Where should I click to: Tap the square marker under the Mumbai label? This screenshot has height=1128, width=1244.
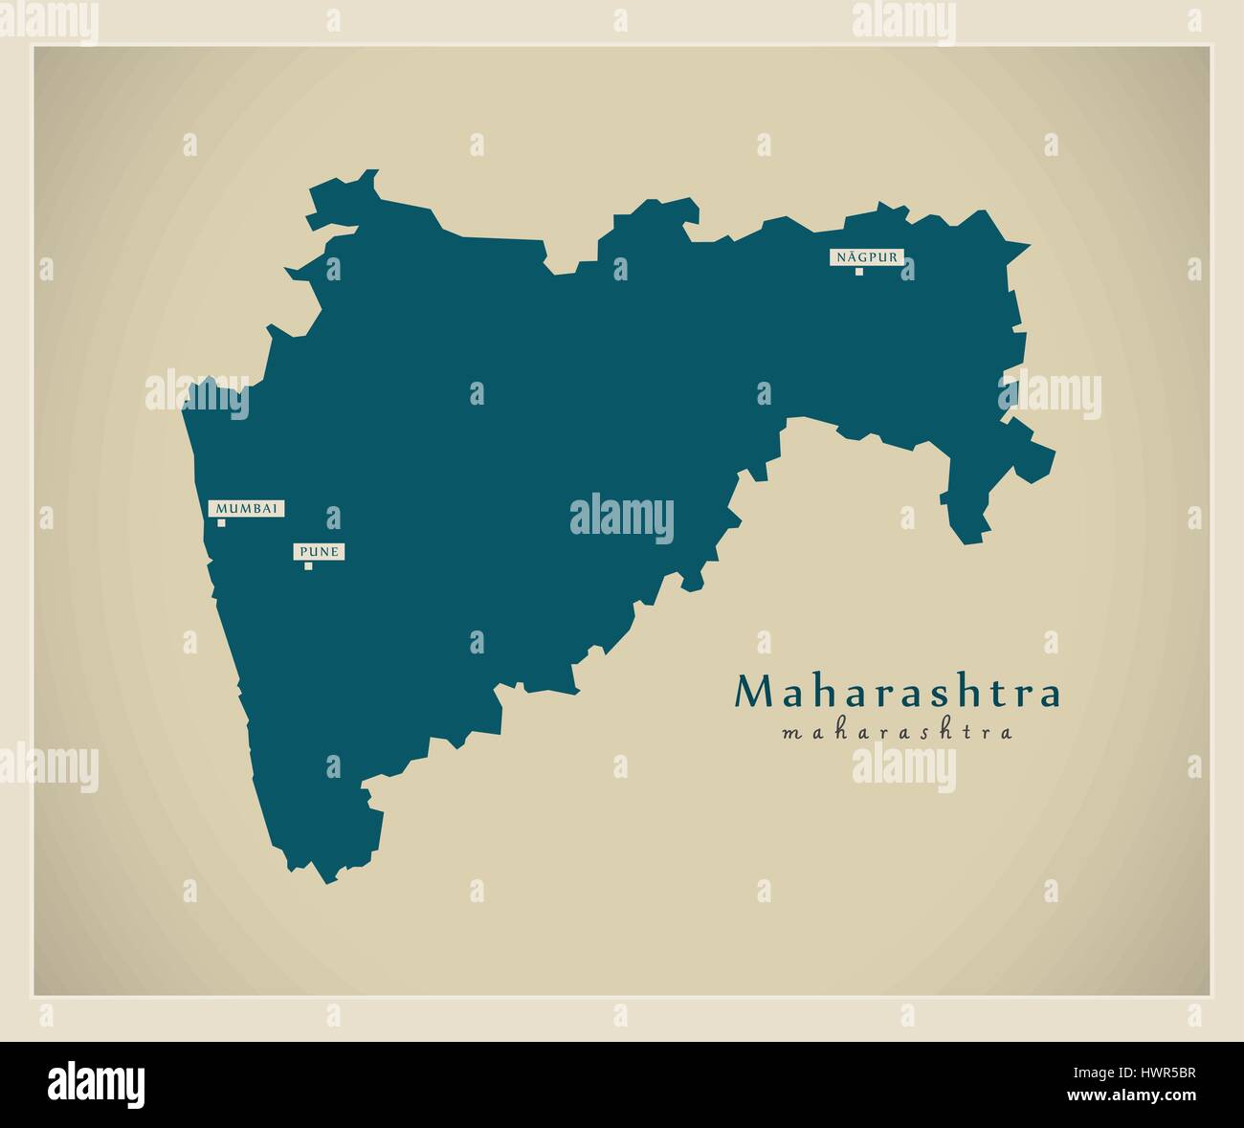[x=221, y=522]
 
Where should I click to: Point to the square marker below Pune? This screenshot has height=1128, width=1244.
[x=308, y=565]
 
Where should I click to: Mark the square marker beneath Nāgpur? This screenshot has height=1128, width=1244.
[x=859, y=271]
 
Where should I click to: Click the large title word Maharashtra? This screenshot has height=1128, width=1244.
[x=897, y=693]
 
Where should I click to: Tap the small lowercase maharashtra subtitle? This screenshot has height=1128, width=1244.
[x=897, y=734]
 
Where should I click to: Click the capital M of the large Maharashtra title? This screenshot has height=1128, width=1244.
[x=750, y=693]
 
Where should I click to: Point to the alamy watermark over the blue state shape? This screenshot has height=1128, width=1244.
[x=621, y=520]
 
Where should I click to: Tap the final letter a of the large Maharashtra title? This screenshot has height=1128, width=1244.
[x=1050, y=695]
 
